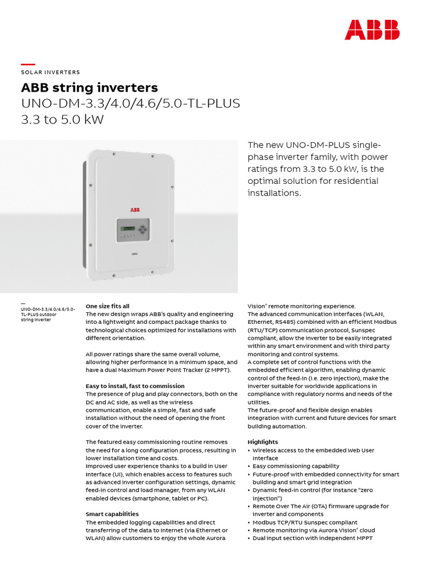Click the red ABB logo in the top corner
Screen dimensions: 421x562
pos(372,30)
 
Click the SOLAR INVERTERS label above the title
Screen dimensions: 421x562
pos(50,72)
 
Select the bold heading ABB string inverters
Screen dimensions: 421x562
pos(89,88)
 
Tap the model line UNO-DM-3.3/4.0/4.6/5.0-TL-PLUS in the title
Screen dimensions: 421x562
pos(130,104)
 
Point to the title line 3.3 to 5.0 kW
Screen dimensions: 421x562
pos(62,120)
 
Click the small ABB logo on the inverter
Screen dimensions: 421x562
pos(135,210)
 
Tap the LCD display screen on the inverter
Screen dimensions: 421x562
pos(127,228)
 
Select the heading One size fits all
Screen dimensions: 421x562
pos(107,306)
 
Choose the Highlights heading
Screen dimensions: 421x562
pos(263,442)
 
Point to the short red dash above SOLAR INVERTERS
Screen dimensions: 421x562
pos(28,65)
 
